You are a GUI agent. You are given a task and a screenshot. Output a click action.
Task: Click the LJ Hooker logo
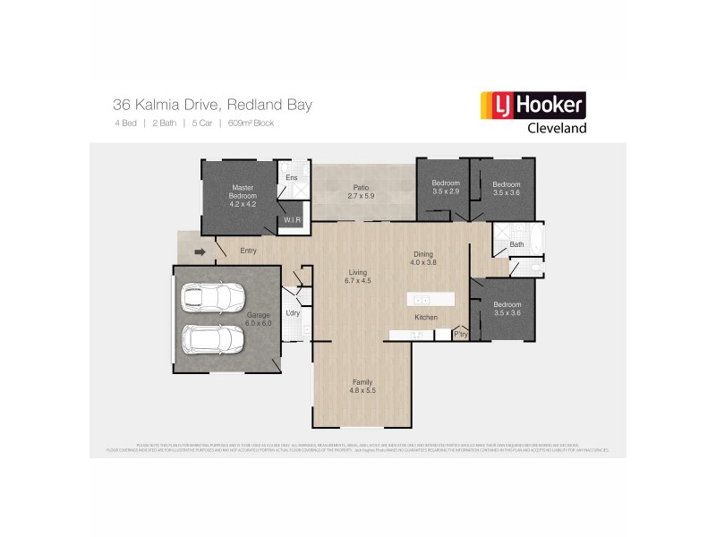point(533,106)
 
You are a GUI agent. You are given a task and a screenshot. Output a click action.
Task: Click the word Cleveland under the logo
point(555,128)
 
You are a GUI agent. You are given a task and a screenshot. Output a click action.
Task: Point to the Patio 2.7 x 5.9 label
point(359,192)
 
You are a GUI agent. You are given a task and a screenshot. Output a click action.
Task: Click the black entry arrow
point(200,252)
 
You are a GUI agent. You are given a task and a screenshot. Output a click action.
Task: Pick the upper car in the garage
point(215,297)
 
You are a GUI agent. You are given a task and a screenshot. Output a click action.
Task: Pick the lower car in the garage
point(215,338)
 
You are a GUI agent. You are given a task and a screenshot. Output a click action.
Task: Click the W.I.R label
point(292,219)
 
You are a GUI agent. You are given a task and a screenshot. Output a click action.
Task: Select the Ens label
point(291,178)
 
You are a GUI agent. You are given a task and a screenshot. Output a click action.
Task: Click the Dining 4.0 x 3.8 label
point(422,258)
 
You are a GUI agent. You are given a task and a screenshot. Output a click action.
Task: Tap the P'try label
point(462,335)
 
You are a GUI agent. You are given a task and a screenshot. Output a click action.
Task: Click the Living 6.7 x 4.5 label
point(359,276)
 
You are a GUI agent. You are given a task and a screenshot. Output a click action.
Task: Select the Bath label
point(516,244)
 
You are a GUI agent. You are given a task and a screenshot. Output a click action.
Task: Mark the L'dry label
point(292,313)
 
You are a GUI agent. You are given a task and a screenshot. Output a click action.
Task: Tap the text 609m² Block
point(251,123)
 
